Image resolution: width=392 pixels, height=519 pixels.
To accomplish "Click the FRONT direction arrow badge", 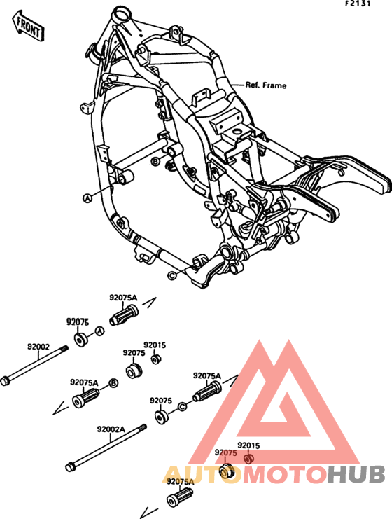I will pos(29,27).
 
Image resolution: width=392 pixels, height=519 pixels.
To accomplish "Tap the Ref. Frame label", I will pos(265,85).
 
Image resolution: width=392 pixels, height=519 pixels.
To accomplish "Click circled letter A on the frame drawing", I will pos(88,198).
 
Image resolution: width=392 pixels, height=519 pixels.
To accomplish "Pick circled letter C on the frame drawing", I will pos(172,275).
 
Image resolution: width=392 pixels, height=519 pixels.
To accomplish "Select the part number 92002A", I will pos(111,429).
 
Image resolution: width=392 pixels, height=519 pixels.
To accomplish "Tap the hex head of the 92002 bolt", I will pos(6,380).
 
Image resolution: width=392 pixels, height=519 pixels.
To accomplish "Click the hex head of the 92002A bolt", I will pos(70,466).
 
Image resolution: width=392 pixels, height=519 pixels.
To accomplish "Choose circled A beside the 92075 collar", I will pos(99,331).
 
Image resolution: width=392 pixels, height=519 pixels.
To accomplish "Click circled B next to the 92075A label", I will pos(113,383).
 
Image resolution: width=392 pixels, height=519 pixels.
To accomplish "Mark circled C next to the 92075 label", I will pos(182,406).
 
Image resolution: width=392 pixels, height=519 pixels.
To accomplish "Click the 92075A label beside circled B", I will pos(84,383).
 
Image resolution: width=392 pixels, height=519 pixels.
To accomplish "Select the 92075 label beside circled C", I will pos(161,401).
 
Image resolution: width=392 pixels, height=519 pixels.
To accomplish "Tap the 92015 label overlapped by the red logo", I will pos(248,445).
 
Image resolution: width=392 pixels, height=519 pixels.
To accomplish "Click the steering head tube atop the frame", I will pos(121,13).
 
